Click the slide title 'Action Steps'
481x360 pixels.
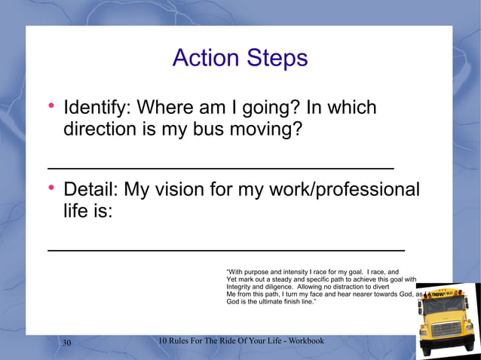240,58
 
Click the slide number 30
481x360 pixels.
66,343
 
